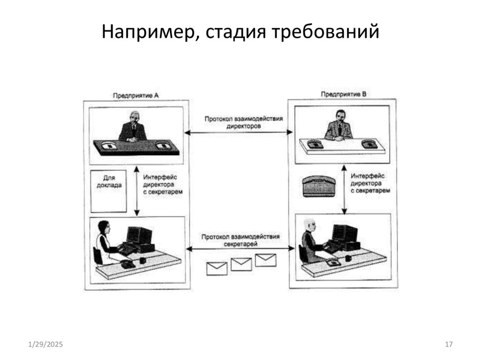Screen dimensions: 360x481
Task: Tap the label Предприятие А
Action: [x=136, y=95]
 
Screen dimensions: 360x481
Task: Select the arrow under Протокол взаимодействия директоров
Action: [x=239, y=133]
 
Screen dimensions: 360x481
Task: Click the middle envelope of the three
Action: [x=241, y=264]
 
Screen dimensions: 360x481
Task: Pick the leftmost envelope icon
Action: [x=217, y=268]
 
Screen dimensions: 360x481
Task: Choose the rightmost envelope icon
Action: [x=265, y=260]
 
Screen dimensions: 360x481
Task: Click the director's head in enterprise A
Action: [x=134, y=116]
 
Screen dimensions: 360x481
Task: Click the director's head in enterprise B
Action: [x=339, y=115]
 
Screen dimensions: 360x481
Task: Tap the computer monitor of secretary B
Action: [x=345, y=232]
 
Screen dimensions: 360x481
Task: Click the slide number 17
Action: [x=448, y=345]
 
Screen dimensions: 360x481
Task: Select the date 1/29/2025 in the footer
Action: [x=46, y=345]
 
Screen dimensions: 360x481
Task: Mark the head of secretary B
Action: [x=309, y=224]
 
